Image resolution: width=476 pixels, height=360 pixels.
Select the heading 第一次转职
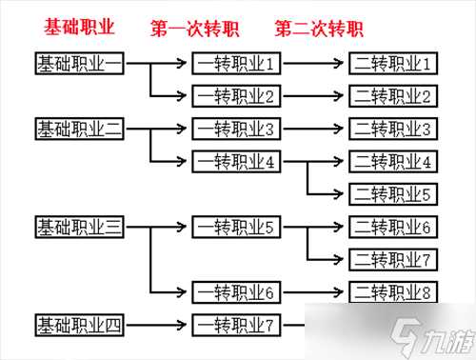194,28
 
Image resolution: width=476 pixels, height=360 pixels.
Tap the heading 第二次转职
319,28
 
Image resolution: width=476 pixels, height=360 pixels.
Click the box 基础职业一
78,64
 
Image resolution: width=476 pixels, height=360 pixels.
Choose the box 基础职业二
78,128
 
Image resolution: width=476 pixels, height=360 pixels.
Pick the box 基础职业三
78,227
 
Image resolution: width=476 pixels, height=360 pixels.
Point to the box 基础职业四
78,326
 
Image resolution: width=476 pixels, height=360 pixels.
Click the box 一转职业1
236,64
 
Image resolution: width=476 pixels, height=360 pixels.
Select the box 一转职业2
236,95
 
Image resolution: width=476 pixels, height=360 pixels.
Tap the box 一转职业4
236,161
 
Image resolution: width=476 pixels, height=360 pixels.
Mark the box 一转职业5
236,227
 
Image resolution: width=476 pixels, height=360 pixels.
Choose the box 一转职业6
236,292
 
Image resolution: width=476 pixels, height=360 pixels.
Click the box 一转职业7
236,326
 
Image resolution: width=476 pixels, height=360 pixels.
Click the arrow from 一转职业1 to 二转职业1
315,64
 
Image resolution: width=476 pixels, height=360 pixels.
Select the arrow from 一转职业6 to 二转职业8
315,292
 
